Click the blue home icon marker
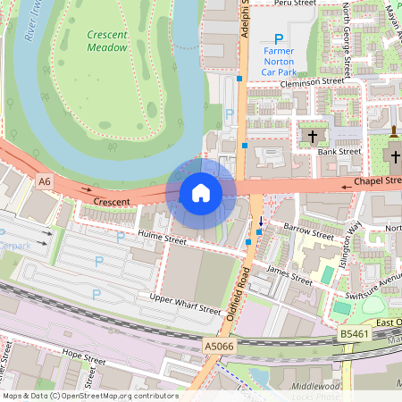tap(201, 193)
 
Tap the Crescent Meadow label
tap(107, 41)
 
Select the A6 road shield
tap(45, 181)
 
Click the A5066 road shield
tap(219, 345)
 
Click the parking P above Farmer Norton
tap(278, 39)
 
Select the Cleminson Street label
tap(311, 81)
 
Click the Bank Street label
tap(339, 152)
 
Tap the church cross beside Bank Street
tap(312, 137)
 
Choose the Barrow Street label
tap(307, 233)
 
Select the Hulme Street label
tap(161, 239)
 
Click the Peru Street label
tap(296, 4)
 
